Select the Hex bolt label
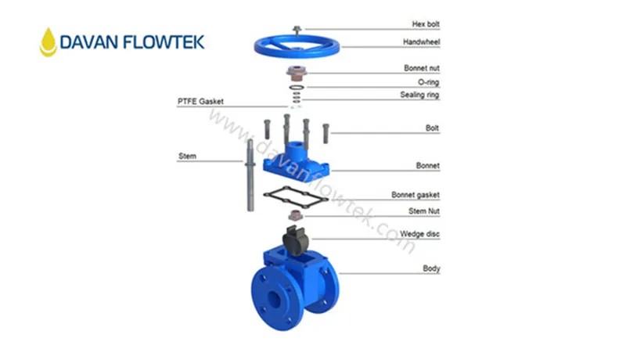click(x=426, y=24)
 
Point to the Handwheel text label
click(x=422, y=41)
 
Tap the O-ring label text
click(x=428, y=81)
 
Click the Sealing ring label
click(x=420, y=95)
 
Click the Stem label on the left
click(x=187, y=156)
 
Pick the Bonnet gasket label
click(x=416, y=194)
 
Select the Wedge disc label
click(x=420, y=233)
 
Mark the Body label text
click(x=431, y=268)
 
